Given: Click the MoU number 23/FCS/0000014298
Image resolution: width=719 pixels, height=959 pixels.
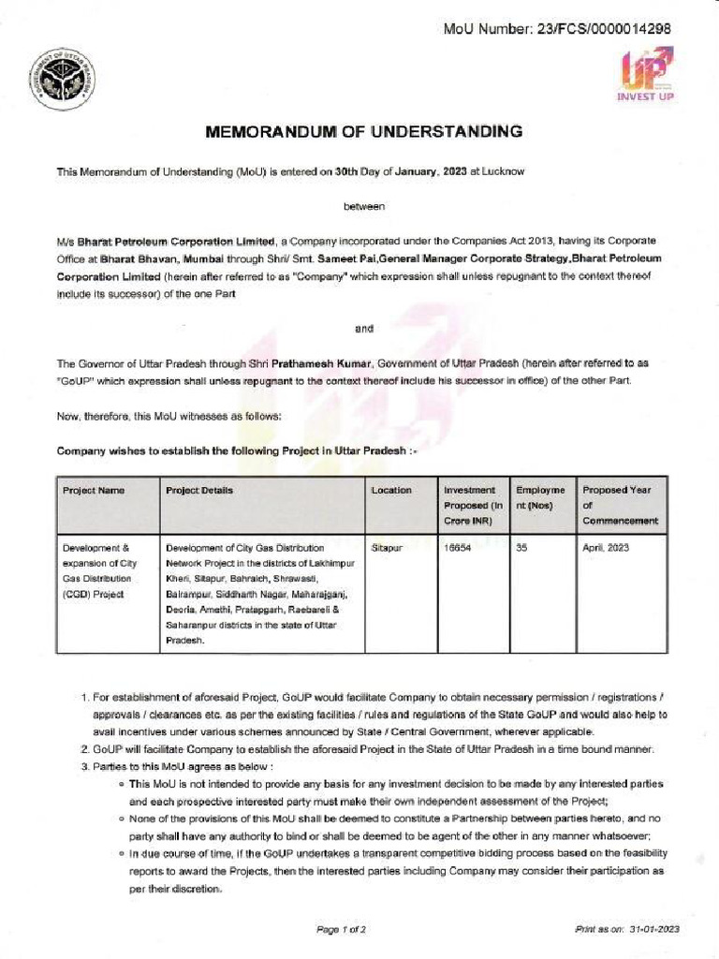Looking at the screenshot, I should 610,28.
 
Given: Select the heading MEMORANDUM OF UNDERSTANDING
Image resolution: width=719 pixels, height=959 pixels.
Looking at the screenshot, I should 363,132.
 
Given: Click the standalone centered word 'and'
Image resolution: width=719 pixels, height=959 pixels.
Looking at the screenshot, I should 364,328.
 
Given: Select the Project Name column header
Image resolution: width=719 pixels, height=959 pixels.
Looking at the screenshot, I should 93,490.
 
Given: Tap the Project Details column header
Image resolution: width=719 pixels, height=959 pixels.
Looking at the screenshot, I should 199,490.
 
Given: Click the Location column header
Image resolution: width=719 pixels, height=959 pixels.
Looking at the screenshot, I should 391,490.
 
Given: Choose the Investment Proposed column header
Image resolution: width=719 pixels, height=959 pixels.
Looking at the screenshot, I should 471,505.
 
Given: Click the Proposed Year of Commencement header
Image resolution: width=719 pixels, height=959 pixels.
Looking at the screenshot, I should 620,505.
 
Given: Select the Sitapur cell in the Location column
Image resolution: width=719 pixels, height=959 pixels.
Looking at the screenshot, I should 387,547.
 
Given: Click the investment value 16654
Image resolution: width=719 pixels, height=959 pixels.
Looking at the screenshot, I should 456,547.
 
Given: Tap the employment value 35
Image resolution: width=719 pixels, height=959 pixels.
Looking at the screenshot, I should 521,547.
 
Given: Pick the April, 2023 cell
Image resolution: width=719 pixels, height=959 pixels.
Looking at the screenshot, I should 606,547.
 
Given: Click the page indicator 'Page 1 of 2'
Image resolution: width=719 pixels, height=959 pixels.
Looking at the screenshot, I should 342,929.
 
